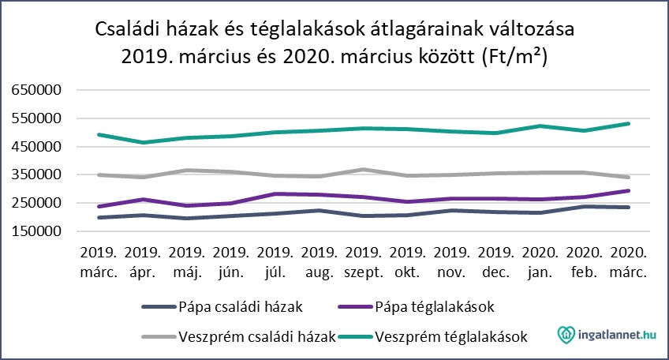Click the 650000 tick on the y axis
coord(39,90)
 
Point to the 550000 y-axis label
coord(39,118)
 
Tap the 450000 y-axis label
coord(39,147)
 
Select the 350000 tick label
coord(39,174)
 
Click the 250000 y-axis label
coord(39,203)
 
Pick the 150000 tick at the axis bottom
coord(39,231)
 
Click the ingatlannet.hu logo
coord(607,336)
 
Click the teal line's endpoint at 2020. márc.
coord(629,123)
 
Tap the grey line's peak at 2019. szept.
coord(362,169)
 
